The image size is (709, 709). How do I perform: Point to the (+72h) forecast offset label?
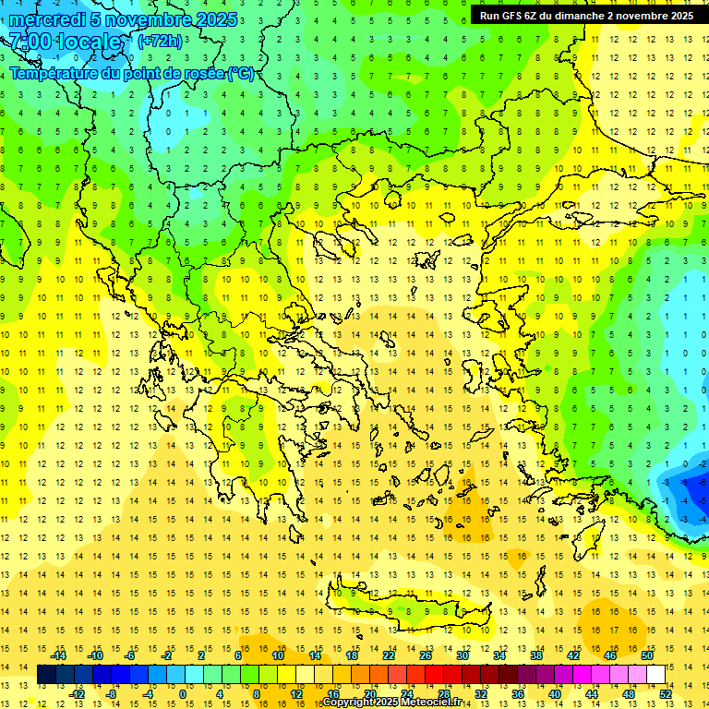[x=160, y=42]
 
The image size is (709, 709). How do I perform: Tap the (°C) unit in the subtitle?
[x=241, y=74]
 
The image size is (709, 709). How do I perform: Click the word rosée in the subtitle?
[x=203, y=74]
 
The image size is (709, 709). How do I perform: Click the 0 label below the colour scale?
[x=183, y=694]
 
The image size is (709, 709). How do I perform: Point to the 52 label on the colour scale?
[x=666, y=694]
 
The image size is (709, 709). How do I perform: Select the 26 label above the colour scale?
[x=426, y=655]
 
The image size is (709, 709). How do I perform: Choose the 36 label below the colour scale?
[x=518, y=694]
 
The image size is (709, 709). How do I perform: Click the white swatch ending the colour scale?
[x=656, y=675]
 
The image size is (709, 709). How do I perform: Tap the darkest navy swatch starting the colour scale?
[x=46, y=675]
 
